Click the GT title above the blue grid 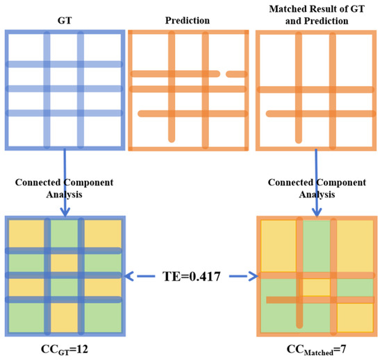point(65,20)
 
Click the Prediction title point(188,20)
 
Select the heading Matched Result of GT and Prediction point(317,15)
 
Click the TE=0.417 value point(192,276)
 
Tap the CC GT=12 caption point(65,350)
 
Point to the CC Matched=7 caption point(316,350)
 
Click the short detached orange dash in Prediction point(236,74)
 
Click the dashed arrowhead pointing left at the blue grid point(128,276)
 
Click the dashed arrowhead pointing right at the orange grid point(254,276)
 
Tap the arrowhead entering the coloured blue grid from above point(65,212)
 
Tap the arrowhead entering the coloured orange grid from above point(317,212)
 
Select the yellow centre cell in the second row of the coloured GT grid point(65,263)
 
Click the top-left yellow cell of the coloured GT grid point(26,234)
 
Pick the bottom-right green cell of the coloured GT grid point(103,318)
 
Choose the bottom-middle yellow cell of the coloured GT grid point(65,318)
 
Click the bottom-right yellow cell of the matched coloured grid point(355,318)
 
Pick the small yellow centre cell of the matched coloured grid point(317,287)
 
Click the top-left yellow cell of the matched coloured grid point(279,246)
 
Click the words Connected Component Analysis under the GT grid point(65,189)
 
